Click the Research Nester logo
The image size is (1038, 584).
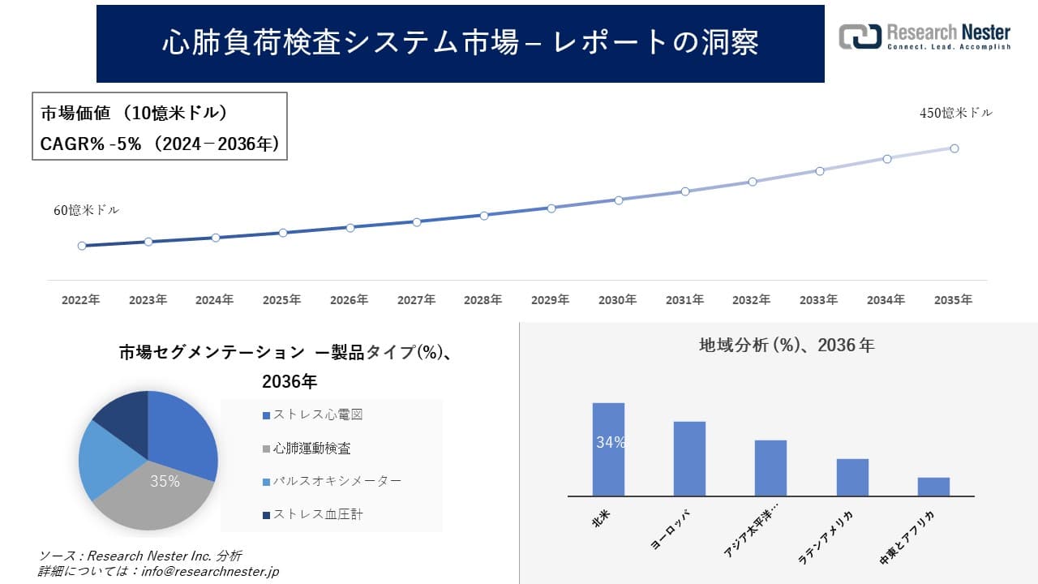point(924,37)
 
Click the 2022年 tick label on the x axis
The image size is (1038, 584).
point(81,300)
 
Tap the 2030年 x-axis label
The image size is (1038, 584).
point(617,300)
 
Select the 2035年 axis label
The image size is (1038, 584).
point(953,300)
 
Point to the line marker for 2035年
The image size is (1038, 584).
point(954,148)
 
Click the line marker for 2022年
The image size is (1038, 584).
point(82,246)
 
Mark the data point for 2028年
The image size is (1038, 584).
point(484,216)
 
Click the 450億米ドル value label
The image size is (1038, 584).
point(955,114)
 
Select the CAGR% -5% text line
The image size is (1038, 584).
point(160,144)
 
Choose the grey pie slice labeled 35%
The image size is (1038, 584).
point(154,495)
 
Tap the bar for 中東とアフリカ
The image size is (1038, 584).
point(933,487)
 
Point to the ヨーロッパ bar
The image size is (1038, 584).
point(689,458)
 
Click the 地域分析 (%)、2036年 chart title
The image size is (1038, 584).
point(787,346)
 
